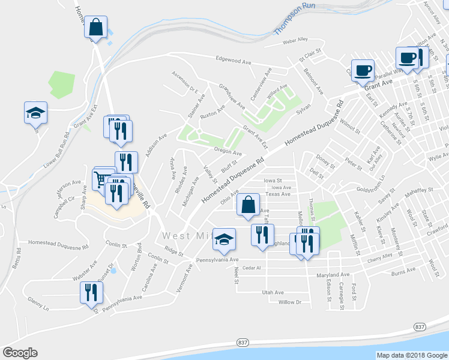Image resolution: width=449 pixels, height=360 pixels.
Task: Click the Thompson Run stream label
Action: click(x=294, y=19)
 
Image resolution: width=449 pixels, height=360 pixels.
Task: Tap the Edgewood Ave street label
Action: click(x=235, y=61)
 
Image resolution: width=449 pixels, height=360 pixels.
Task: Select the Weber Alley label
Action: click(x=295, y=40)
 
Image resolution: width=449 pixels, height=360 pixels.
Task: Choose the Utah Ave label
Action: click(x=273, y=292)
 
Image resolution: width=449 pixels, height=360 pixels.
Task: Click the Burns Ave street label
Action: click(x=403, y=272)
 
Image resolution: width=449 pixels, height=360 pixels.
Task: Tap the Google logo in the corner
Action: click(x=20, y=353)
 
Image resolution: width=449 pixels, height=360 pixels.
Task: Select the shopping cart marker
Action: click(x=100, y=179)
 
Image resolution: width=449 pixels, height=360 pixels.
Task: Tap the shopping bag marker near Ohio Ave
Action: click(x=248, y=205)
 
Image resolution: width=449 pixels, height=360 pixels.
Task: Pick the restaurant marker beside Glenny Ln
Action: click(x=91, y=292)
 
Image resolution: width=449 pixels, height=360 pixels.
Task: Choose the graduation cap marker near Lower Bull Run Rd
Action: click(x=35, y=112)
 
